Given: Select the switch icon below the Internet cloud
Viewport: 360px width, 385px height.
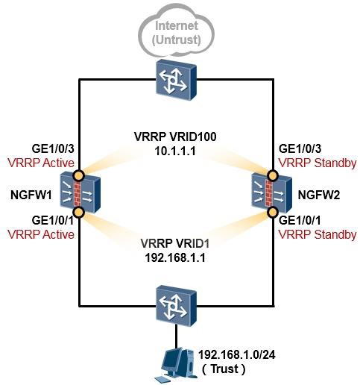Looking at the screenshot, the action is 177,80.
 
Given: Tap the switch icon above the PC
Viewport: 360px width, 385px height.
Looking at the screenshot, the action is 177,306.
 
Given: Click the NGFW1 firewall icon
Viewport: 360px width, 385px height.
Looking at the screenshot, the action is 80,192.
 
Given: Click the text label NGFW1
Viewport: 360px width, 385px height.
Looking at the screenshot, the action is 31,195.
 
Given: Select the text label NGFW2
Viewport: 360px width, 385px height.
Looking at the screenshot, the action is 319,195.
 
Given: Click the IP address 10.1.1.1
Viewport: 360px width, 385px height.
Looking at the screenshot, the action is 175,151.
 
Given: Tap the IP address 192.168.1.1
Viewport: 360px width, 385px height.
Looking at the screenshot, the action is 175,257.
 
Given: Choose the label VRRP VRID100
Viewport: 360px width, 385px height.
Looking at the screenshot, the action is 175,137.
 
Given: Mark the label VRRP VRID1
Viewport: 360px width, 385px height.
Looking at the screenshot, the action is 175,243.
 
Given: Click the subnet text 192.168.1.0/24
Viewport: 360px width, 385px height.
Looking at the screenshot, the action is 237,354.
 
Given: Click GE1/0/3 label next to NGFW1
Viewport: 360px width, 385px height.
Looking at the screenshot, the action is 53,148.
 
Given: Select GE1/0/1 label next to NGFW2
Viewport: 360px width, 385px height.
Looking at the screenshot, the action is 300,220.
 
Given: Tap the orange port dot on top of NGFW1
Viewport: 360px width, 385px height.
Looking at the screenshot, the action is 79,175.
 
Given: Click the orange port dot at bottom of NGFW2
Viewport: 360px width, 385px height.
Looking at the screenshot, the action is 273,212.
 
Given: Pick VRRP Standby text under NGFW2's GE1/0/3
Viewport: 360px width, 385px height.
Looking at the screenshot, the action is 318,163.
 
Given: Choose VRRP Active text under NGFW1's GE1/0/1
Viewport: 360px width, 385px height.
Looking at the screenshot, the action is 41,234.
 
